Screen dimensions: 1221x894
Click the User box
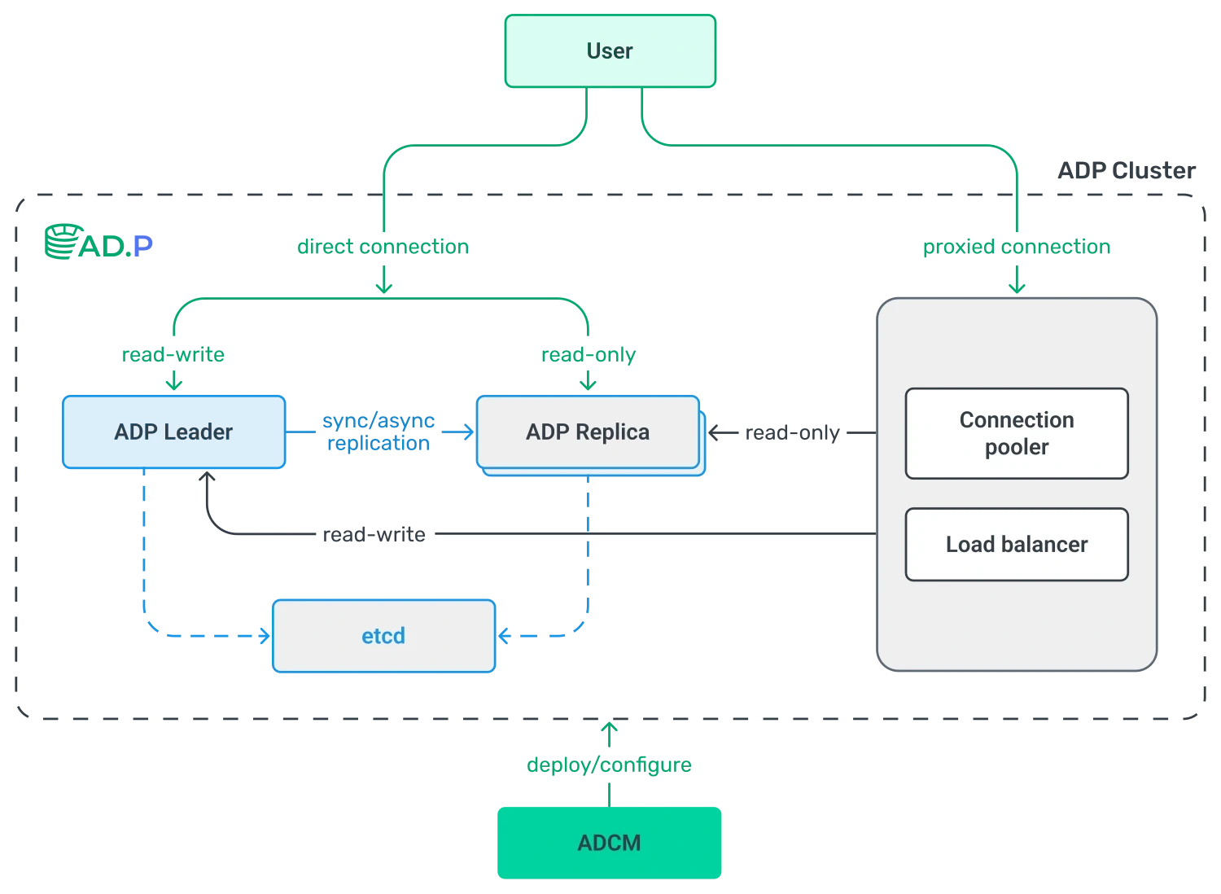click(610, 50)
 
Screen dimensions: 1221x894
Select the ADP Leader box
click(174, 432)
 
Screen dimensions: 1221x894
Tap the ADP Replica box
click(589, 432)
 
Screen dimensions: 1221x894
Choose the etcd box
click(383, 636)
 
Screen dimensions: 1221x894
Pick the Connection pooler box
click(1017, 433)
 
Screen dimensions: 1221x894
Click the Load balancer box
click(1017, 545)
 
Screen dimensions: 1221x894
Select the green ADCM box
click(610, 843)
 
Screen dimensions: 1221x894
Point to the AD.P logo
click(98, 242)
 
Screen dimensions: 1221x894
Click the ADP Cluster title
click(1126, 171)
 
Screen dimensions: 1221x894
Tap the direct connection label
click(383, 247)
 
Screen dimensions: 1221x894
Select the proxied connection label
click(1017, 247)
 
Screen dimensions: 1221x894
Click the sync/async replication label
click(379, 432)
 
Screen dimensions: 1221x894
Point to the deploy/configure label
click(609, 765)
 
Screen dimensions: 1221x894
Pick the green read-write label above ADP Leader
click(173, 355)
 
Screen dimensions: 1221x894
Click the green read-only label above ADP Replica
click(589, 355)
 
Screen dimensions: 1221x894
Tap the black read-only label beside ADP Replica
click(792, 433)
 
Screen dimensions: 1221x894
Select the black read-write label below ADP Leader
click(374, 535)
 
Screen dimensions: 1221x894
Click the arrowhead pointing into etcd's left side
click(265, 636)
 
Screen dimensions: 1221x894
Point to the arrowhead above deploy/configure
click(609, 727)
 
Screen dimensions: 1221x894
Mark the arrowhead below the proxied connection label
click(1017, 288)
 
